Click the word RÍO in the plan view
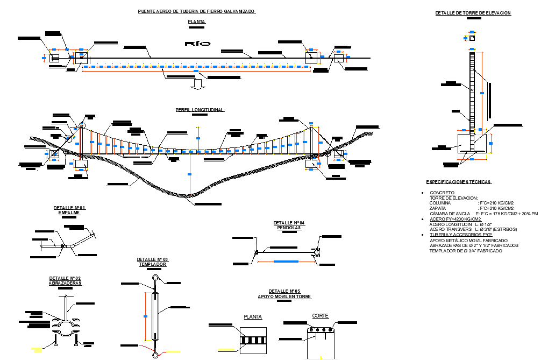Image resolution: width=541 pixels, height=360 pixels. tap(197, 44)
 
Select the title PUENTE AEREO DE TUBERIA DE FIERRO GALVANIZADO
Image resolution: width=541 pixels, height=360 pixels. tap(197, 11)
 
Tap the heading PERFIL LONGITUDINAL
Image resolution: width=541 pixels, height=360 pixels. tap(200, 110)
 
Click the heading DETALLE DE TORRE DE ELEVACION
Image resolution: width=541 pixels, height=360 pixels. tap(473, 13)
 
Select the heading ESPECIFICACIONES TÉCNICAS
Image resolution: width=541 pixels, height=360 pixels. tap(458, 182)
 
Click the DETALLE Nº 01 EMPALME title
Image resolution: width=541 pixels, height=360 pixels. tap(69, 210)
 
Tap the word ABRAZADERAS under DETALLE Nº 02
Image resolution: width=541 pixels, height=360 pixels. tap(65, 283)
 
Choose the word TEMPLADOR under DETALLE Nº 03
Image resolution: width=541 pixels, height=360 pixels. tap(153, 265)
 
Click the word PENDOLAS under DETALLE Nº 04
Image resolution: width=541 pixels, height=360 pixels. tap(289, 228)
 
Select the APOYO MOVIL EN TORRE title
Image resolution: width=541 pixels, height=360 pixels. tap(284, 297)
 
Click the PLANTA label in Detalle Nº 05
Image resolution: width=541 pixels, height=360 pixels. tap(253, 317)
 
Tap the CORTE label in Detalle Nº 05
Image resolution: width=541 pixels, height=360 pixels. tap(320, 316)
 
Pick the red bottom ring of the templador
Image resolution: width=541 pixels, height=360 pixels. tap(155, 355)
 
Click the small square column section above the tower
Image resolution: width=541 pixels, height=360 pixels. tap(472, 38)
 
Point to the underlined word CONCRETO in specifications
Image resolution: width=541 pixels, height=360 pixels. tap(442, 193)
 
